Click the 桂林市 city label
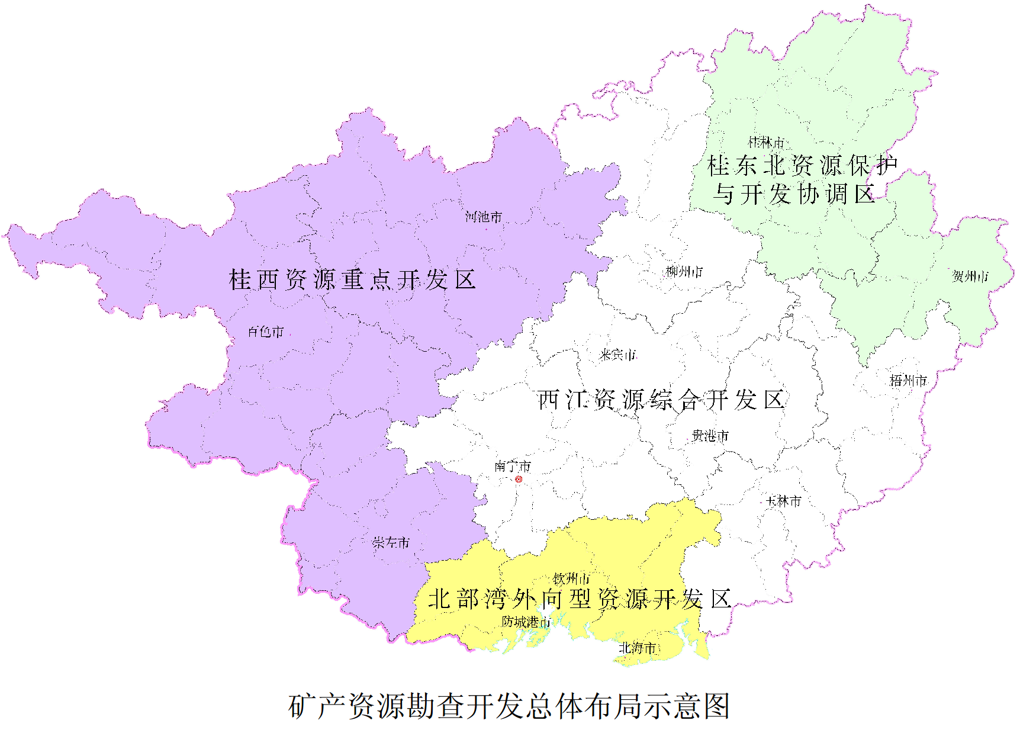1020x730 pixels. (766, 143)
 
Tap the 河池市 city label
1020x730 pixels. (484, 217)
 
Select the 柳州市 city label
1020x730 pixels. (684, 272)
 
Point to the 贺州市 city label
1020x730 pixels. (970, 276)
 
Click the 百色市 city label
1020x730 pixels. (266, 332)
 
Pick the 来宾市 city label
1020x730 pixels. (617, 355)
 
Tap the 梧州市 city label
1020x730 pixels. (908, 381)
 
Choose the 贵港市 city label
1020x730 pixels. (710, 436)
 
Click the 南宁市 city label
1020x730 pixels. (513, 467)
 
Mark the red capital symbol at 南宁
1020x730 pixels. (519, 479)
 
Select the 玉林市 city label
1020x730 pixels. (783, 501)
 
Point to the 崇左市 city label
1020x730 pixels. (391, 542)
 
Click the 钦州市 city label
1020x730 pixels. (571, 578)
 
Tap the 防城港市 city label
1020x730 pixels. (526, 622)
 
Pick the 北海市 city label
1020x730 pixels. (637, 648)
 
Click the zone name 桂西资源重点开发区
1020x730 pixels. (352, 279)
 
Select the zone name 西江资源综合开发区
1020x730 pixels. (661, 400)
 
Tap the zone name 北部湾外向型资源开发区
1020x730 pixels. (580, 599)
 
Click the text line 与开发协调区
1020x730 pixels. (794, 194)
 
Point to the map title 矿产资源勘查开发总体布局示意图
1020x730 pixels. (509, 706)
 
